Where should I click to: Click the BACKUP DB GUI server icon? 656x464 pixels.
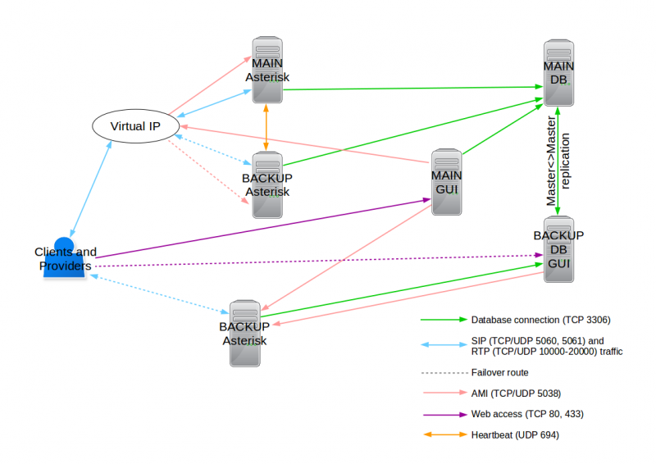(558, 249)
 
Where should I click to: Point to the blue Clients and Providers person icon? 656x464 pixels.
(65, 258)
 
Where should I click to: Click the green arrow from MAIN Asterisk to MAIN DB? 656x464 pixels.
(410, 88)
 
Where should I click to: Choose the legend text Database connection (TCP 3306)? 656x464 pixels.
(540, 319)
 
